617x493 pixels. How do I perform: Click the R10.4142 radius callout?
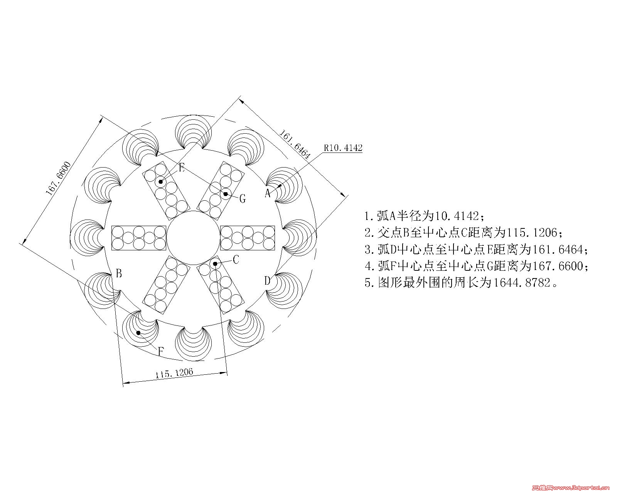343,148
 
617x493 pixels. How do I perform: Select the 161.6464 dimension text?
295,144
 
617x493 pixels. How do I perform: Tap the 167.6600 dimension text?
58,178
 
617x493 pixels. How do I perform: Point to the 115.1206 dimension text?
174,373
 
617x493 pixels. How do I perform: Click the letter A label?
268,193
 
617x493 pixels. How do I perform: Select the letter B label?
119,273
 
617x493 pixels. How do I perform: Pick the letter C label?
236,260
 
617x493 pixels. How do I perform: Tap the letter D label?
267,281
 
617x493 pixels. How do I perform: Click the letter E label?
182,168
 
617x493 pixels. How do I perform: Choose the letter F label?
161,351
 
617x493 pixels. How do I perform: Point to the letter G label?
243,198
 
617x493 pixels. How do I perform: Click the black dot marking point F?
138,332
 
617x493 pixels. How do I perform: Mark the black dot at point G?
226,194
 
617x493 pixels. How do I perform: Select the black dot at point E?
160,182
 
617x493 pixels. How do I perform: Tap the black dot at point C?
215,263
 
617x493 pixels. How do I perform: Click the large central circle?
194,211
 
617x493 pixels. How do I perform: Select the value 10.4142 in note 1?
457,216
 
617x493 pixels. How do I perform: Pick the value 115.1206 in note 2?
532,232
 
